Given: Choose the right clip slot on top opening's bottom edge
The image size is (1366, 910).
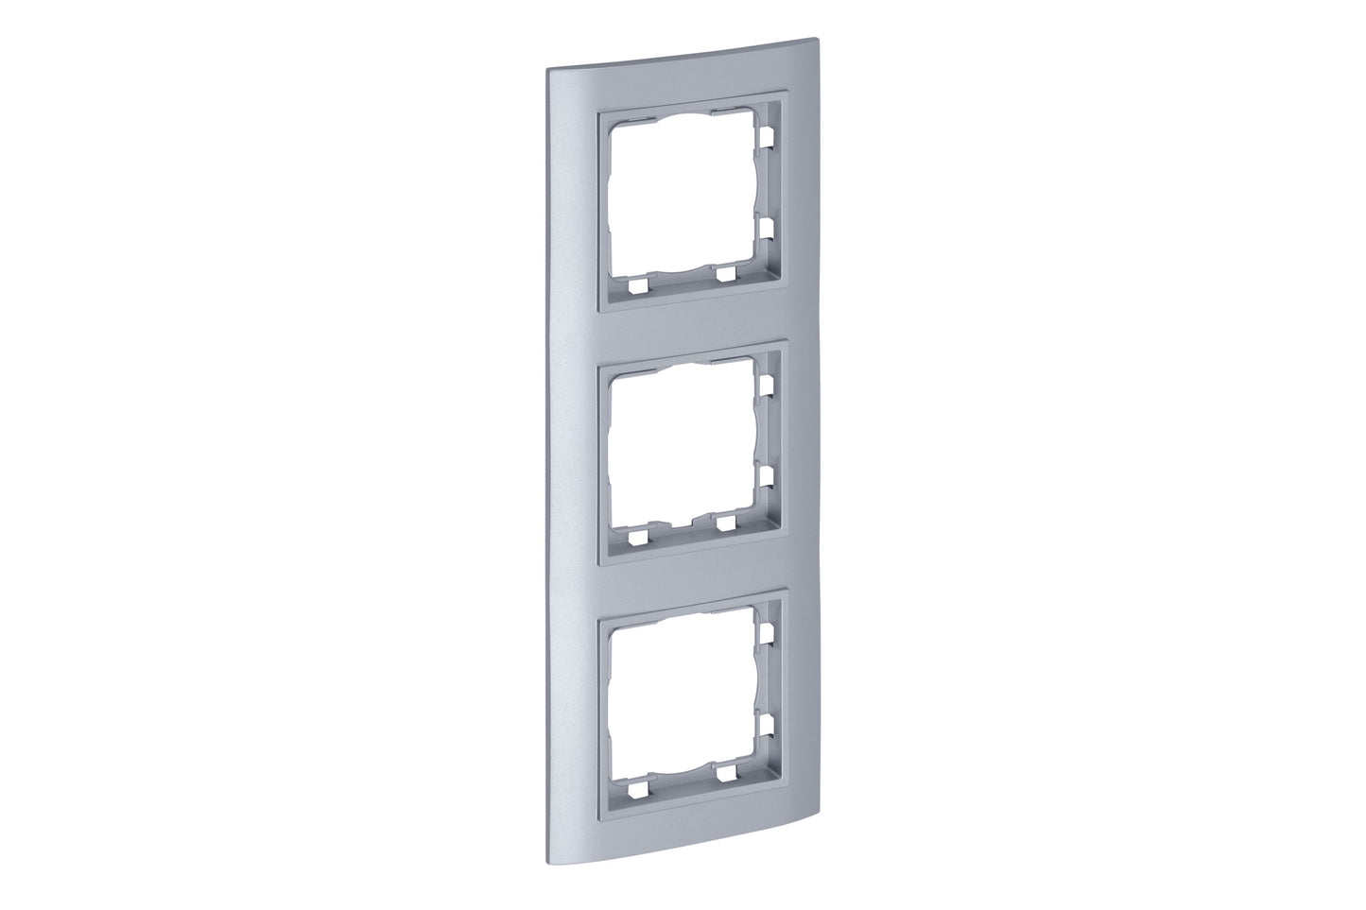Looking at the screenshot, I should (725, 276).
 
